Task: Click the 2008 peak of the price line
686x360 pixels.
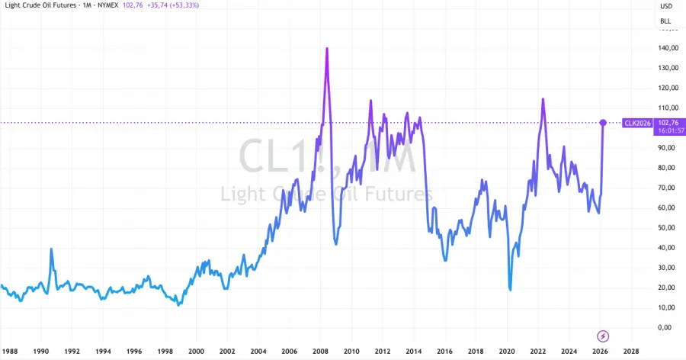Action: click(x=327, y=49)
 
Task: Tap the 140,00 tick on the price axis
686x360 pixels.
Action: click(x=668, y=48)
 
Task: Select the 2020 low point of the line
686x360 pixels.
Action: click(x=510, y=289)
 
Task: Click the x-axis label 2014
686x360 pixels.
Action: click(x=413, y=352)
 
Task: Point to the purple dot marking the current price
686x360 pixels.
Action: click(x=603, y=123)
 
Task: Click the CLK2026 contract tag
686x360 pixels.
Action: click(x=637, y=122)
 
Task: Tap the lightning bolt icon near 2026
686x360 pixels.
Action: click(x=603, y=336)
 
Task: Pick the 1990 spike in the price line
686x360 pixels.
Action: click(x=51, y=249)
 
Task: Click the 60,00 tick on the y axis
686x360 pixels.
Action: click(x=668, y=207)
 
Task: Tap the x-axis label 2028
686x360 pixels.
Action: click(x=630, y=352)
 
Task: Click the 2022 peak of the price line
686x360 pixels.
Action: click(x=543, y=99)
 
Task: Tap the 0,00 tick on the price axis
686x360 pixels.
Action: click(x=669, y=327)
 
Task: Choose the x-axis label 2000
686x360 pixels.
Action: click(x=196, y=352)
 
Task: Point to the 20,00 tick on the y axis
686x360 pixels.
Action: click(x=668, y=288)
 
